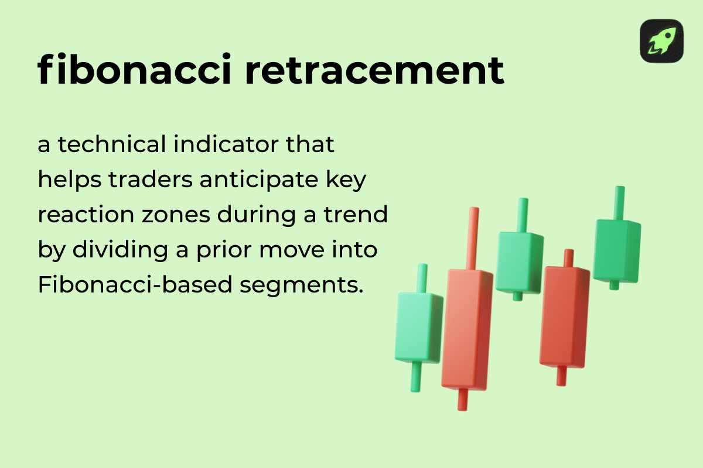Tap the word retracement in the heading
click(x=375, y=70)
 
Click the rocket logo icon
click(x=661, y=41)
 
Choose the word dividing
click(x=112, y=250)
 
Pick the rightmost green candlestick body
click(x=616, y=250)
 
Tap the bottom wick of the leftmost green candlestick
click(x=416, y=377)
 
